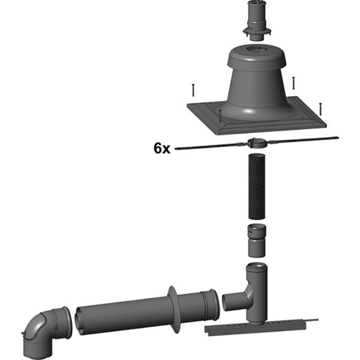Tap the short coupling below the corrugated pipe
click(x=257, y=240)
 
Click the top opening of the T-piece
click(x=257, y=268)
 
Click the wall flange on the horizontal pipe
click(x=173, y=310)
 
